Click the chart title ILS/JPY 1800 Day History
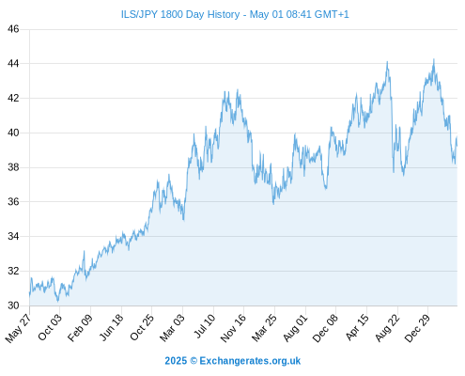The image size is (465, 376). [180, 14]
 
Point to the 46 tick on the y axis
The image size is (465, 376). [13, 29]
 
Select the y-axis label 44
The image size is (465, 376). [13, 64]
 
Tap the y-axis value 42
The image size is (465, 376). [13, 98]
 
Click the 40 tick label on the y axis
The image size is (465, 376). [13, 133]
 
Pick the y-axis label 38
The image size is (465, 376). [13, 167]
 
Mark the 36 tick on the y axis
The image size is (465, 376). [13, 202]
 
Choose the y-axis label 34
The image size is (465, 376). [13, 236]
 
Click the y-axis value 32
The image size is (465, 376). [13, 271]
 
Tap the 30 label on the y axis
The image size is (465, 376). [13, 305]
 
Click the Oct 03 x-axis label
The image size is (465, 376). [50, 327]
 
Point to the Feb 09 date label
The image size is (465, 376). [81, 327]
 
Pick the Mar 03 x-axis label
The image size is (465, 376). [173, 327]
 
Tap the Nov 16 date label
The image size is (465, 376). [233, 327]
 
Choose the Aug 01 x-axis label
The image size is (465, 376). [295, 327]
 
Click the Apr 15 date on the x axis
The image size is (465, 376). [357, 327]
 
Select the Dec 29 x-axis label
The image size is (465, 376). [417, 327]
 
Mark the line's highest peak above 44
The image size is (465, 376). [434, 59]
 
